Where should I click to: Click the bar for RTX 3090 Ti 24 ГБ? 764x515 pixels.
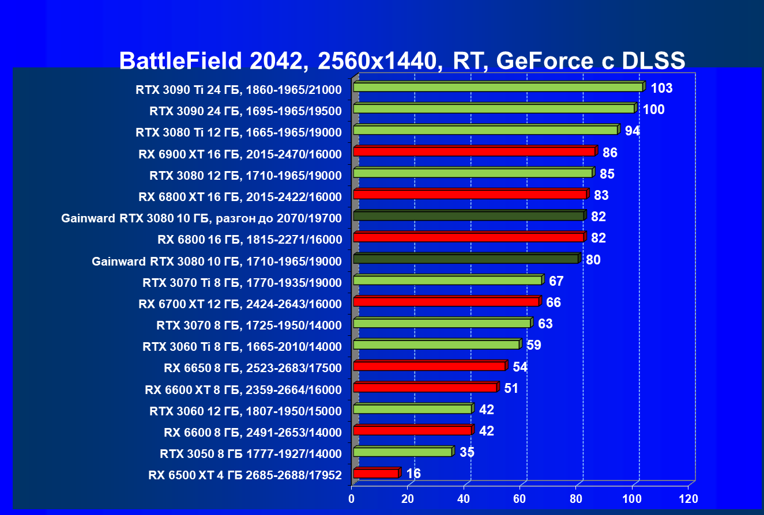(498, 87)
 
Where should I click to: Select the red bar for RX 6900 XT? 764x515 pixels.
(474, 152)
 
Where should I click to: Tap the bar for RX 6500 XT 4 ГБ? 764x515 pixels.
(376, 474)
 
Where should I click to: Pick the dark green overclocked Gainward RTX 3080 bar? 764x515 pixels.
(468, 216)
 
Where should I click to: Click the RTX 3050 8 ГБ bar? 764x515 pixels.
(402, 452)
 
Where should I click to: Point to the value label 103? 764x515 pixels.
(661, 88)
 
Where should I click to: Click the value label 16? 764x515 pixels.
(413, 474)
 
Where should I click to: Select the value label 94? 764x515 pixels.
(633, 131)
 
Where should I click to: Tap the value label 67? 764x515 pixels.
(556, 281)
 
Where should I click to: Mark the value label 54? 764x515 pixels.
(520, 367)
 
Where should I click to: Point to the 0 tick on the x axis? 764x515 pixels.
(352, 498)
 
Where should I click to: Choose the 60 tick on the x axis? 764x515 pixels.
(520, 498)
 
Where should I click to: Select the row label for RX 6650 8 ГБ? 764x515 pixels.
(253, 368)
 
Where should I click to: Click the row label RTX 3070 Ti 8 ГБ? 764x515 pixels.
(242, 282)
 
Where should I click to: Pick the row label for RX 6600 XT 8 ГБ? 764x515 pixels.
(243, 389)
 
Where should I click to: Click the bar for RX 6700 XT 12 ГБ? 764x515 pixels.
(446, 302)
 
